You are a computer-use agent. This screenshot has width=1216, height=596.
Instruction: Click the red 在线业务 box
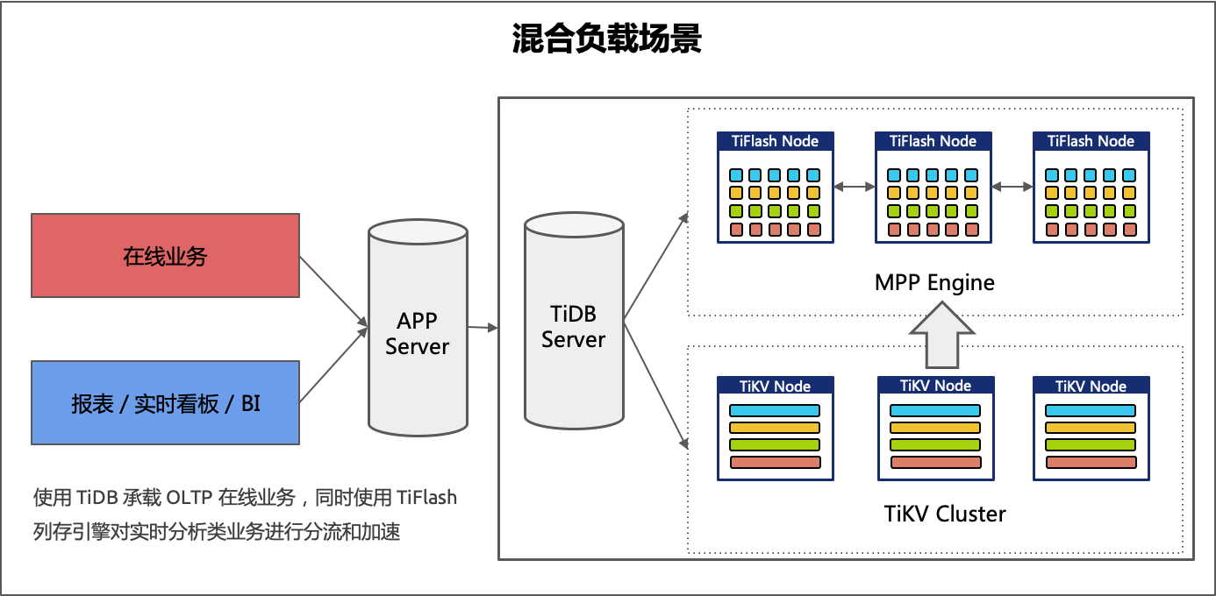(x=165, y=256)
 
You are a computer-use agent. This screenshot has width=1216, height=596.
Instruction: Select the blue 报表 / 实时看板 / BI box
(x=165, y=402)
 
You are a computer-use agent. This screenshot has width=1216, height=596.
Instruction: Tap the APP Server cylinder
(x=418, y=329)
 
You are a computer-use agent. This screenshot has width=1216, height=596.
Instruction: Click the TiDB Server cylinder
(x=574, y=324)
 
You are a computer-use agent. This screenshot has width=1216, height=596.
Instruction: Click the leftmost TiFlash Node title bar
(x=775, y=141)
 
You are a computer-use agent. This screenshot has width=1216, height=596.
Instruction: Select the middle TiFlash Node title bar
(x=933, y=141)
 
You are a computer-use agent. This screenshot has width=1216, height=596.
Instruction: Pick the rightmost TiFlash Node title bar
(x=1091, y=141)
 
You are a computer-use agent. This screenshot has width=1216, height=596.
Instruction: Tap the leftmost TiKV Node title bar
(x=775, y=387)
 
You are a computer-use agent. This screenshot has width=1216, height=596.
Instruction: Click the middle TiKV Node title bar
(x=935, y=386)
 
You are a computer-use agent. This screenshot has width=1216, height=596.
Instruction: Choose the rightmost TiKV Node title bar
(x=1091, y=387)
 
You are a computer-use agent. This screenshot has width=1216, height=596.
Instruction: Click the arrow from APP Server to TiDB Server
(x=483, y=328)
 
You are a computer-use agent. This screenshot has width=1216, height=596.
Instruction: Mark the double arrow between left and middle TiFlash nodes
(x=855, y=187)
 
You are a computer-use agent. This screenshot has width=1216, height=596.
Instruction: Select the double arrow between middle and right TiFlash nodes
(x=1012, y=187)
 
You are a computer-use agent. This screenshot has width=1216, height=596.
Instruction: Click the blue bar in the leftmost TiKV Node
(x=775, y=410)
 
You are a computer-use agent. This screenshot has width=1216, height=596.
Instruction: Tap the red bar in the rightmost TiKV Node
(x=1091, y=462)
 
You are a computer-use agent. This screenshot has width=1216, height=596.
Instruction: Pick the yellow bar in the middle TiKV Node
(x=935, y=428)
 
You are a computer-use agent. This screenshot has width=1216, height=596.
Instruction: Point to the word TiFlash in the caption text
(x=426, y=498)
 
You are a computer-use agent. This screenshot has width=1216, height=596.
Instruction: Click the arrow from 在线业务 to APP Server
(x=333, y=290)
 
